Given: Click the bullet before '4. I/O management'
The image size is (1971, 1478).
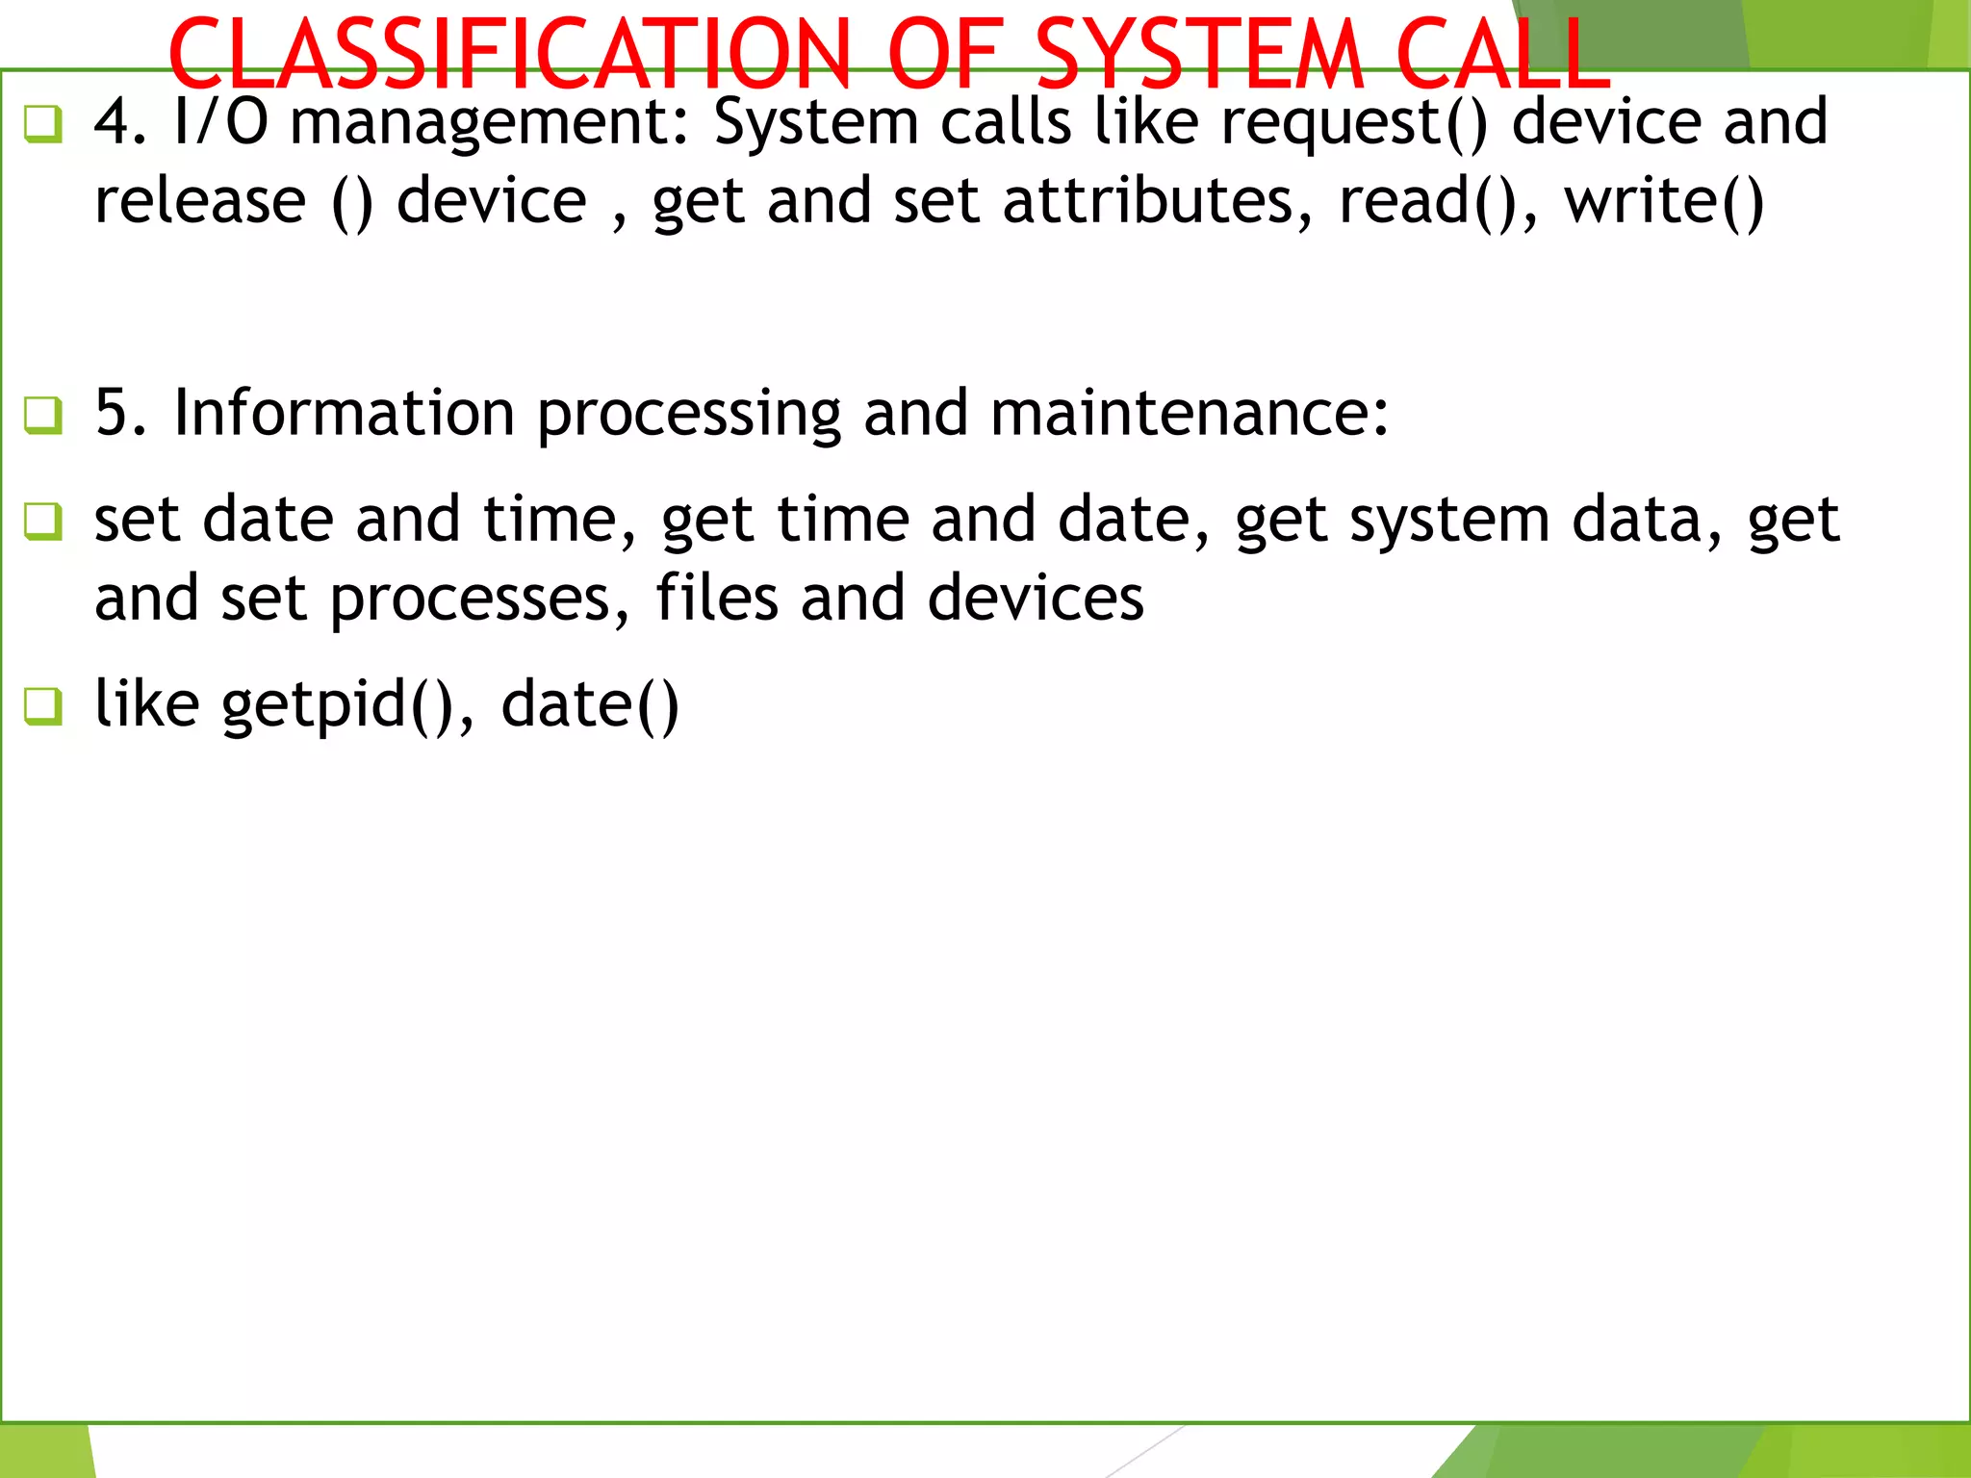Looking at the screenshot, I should (x=43, y=124).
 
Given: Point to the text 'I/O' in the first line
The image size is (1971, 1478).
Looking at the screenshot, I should (x=220, y=122).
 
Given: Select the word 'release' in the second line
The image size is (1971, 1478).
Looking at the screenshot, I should (x=200, y=201).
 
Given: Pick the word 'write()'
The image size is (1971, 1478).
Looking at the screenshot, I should (x=1665, y=201).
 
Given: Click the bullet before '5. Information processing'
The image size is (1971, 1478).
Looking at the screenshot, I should (x=43, y=416).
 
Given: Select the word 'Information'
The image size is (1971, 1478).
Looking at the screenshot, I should (x=344, y=413).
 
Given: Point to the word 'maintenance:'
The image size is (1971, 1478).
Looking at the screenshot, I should (x=1190, y=413).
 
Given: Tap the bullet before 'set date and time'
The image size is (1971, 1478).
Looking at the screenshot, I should (x=43, y=522).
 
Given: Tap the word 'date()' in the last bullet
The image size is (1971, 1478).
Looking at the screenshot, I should (x=590, y=704).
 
